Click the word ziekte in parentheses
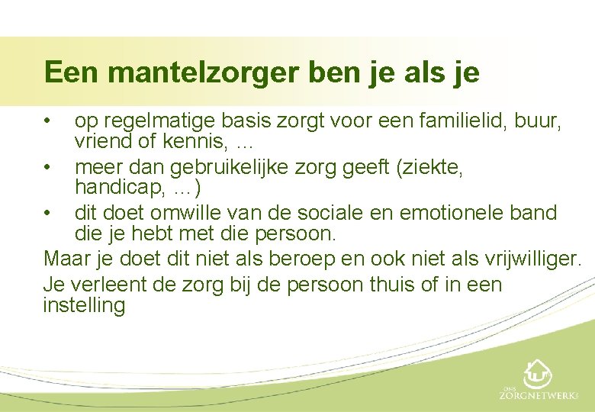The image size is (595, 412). click(432, 166)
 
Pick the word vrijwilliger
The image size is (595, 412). click(530, 259)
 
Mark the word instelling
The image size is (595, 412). click(84, 306)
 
